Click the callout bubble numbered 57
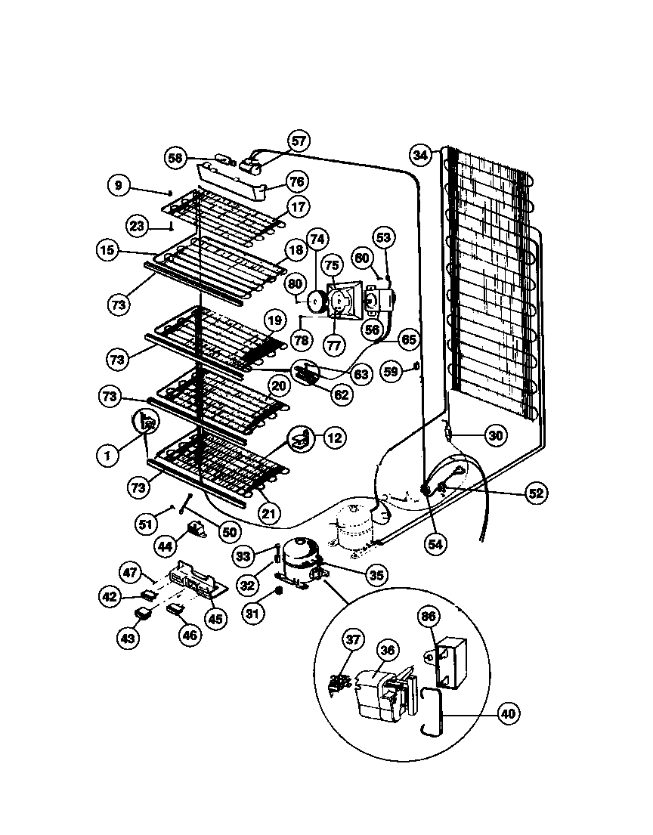tap(299, 141)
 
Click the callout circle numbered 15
tap(108, 249)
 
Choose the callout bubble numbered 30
tap(494, 435)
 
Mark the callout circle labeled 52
tap(535, 493)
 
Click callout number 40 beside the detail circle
tap(508, 713)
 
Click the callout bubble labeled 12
tap(335, 436)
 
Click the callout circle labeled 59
tap(391, 373)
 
